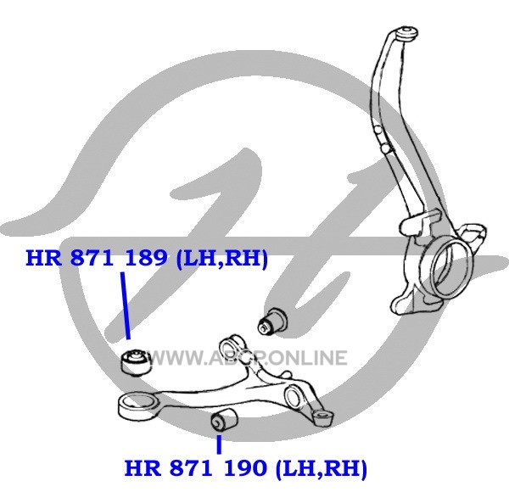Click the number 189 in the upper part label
pos(146,258)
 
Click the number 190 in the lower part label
pos(245,467)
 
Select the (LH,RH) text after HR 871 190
pos(321,468)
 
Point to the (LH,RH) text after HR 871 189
pos(221,259)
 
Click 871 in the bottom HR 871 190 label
pos(192,467)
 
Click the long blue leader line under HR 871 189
pos(126,305)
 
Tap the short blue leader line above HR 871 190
pos(219,444)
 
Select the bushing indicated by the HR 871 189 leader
pos(135,362)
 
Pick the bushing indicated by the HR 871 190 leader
pos(224,420)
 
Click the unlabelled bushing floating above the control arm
pos(272,321)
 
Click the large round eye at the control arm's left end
pos(137,406)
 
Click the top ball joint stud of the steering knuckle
pos(406,34)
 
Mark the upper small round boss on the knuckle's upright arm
pos(378,131)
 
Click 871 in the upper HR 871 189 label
pos(92,258)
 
